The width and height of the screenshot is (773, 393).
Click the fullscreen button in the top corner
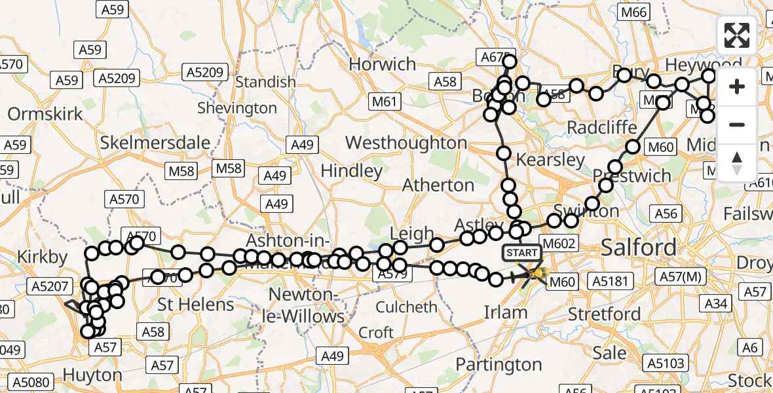coord(737,35)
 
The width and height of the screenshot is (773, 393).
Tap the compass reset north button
coord(737,161)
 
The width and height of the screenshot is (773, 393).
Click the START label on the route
coord(522,253)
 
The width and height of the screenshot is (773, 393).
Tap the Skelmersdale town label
coord(155,143)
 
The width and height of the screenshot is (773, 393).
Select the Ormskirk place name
coord(45,114)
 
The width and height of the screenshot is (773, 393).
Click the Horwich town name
coord(383,64)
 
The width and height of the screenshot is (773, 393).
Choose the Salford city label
coord(639,248)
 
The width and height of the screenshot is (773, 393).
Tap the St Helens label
coord(197,305)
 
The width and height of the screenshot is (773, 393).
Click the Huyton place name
coord(93,375)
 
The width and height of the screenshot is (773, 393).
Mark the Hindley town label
coord(352,171)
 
